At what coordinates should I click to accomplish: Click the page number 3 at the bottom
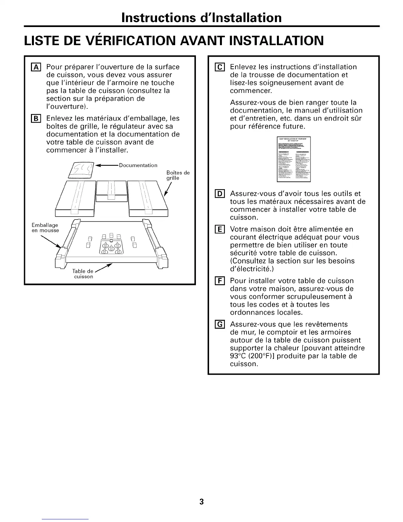pyautogui.click(x=201, y=502)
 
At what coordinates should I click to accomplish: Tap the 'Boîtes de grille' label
pyautogui.click(x=178, y=175)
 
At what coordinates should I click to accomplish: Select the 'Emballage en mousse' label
pyautogui.click(x=45, y=228)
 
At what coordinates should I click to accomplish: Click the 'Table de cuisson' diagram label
pyautogui.click(x=83, y=274)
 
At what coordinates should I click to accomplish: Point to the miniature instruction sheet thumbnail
pyautogui.click(x=294, y=159)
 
